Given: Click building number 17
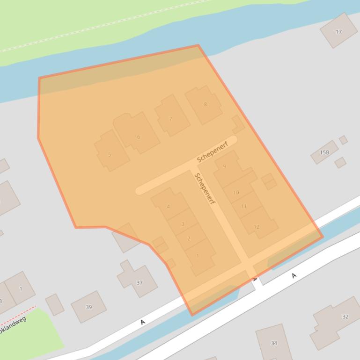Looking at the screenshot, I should click(x=338, y=32).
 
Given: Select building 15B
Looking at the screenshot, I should click(x=324, y=152).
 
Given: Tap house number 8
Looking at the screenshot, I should click(x=205, y=104).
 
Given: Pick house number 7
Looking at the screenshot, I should click(x=170, y=119).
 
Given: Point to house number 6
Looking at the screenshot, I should click(x=138, y=137).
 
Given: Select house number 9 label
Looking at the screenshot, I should click(x=224, y=166).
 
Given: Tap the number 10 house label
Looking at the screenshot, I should click(x=236, y=192).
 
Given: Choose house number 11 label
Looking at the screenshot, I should click(x=243, y=206).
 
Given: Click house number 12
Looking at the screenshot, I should click(x=256, y=227).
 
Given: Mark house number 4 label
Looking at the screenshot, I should click(x=168, y=207).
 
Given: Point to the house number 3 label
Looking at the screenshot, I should click(x=183, y=224).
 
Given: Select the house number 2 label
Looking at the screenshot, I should click(x=189, y=238).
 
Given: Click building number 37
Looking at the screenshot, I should click(x=139, y=282).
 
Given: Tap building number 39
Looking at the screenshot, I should click(x=89, y=307).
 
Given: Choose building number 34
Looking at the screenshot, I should click(x=274, y=343).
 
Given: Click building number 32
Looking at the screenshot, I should click(x=345, y=317).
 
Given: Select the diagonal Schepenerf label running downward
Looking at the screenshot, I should click(x=205, y=189).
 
